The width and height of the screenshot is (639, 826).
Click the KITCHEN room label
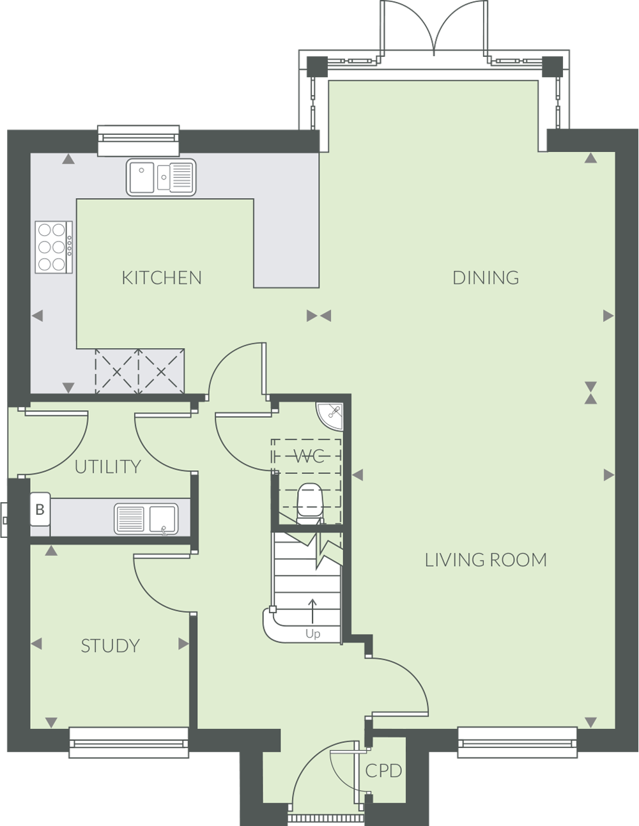point(162,278)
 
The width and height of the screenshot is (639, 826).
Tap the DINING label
point(486,278)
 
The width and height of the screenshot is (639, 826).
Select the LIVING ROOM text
point(486,560)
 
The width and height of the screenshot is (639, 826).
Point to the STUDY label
point(111,646)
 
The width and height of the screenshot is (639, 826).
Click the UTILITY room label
point(108,467)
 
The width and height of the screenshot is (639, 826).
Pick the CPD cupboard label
point(383,771)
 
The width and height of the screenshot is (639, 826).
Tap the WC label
point(309,456)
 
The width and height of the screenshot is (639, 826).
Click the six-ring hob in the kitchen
point(54,247)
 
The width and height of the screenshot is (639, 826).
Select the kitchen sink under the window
point(161,177)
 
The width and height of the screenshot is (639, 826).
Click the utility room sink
point(146,519)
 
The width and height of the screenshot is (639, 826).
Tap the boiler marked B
point(40,509)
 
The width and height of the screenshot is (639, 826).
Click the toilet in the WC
point(310,503)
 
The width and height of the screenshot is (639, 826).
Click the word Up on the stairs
point(313,634)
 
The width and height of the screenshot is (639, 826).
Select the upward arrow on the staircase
point(312,611)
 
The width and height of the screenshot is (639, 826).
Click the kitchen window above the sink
point(139,141)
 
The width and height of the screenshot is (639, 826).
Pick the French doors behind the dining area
point(434,29)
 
